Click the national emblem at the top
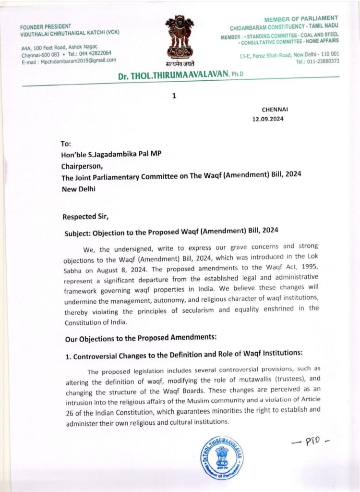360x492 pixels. (180, 39)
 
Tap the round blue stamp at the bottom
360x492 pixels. (222, 457)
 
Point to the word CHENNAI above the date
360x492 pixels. (275, 110)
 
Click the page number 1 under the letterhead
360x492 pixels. (174, 96)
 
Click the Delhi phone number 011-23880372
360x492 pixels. (323, 61)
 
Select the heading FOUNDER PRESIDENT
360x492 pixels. (46, 26)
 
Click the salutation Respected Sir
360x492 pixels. (85, 217)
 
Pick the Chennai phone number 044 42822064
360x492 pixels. (93, 53)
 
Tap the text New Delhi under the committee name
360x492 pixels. (78, 189)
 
